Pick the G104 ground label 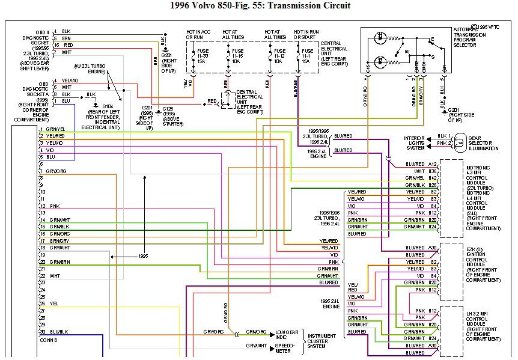tap(108, 106)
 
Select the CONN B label tap(48, 339)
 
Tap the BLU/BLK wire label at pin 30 tap(59, 332)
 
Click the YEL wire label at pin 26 tap(53, 303)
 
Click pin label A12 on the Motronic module tap(432, 163)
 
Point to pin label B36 tap(432, 171)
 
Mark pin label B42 tap(432, 178)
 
